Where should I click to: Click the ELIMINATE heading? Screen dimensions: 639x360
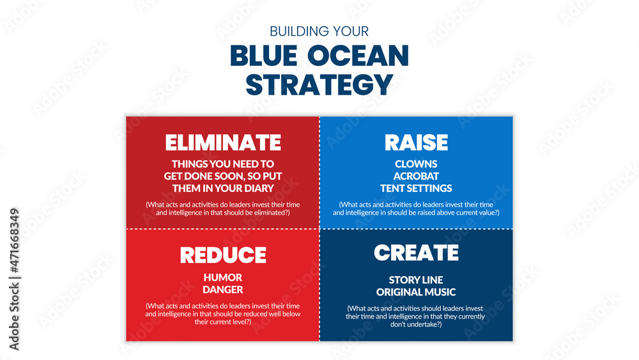click(x=223, y=143)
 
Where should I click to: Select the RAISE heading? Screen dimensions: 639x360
click(x=416, y=143)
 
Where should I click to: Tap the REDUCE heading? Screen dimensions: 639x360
click(x=223, y=254)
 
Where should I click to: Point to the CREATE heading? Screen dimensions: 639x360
click(x=416, y=253)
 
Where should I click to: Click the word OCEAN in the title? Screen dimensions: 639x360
click(x=358, y=56)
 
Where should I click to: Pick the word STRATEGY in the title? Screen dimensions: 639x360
click(x=319, y=85)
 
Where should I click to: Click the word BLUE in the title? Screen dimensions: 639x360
click(x=264, y=56)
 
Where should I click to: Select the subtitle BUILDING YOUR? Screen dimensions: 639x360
click(x=319, y=31)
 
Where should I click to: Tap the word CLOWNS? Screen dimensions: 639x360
click(x=416, y=164)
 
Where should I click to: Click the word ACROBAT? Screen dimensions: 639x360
click(x=416, y=176)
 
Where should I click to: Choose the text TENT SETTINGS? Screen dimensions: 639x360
click(x=416, y=189)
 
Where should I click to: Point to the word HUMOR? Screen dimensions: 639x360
click(x=223, y=278)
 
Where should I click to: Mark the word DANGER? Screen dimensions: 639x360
click(x=223, y=290)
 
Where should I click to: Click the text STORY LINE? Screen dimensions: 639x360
click(x=416, y=280)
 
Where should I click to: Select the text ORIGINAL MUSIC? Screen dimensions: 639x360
click(x=416, y=292)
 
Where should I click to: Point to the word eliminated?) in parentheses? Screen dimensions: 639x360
click(x=270, y=212)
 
